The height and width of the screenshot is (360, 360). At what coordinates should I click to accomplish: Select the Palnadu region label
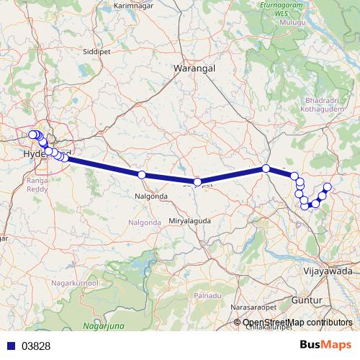207,296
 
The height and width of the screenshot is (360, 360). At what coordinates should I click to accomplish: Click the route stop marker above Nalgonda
142,175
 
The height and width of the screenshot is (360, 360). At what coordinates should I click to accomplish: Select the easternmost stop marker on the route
327,187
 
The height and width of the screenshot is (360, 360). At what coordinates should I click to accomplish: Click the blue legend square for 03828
8,346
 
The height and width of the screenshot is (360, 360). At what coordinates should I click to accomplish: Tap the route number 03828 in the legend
36,346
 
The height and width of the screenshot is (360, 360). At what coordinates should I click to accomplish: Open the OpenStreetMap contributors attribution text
297,323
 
